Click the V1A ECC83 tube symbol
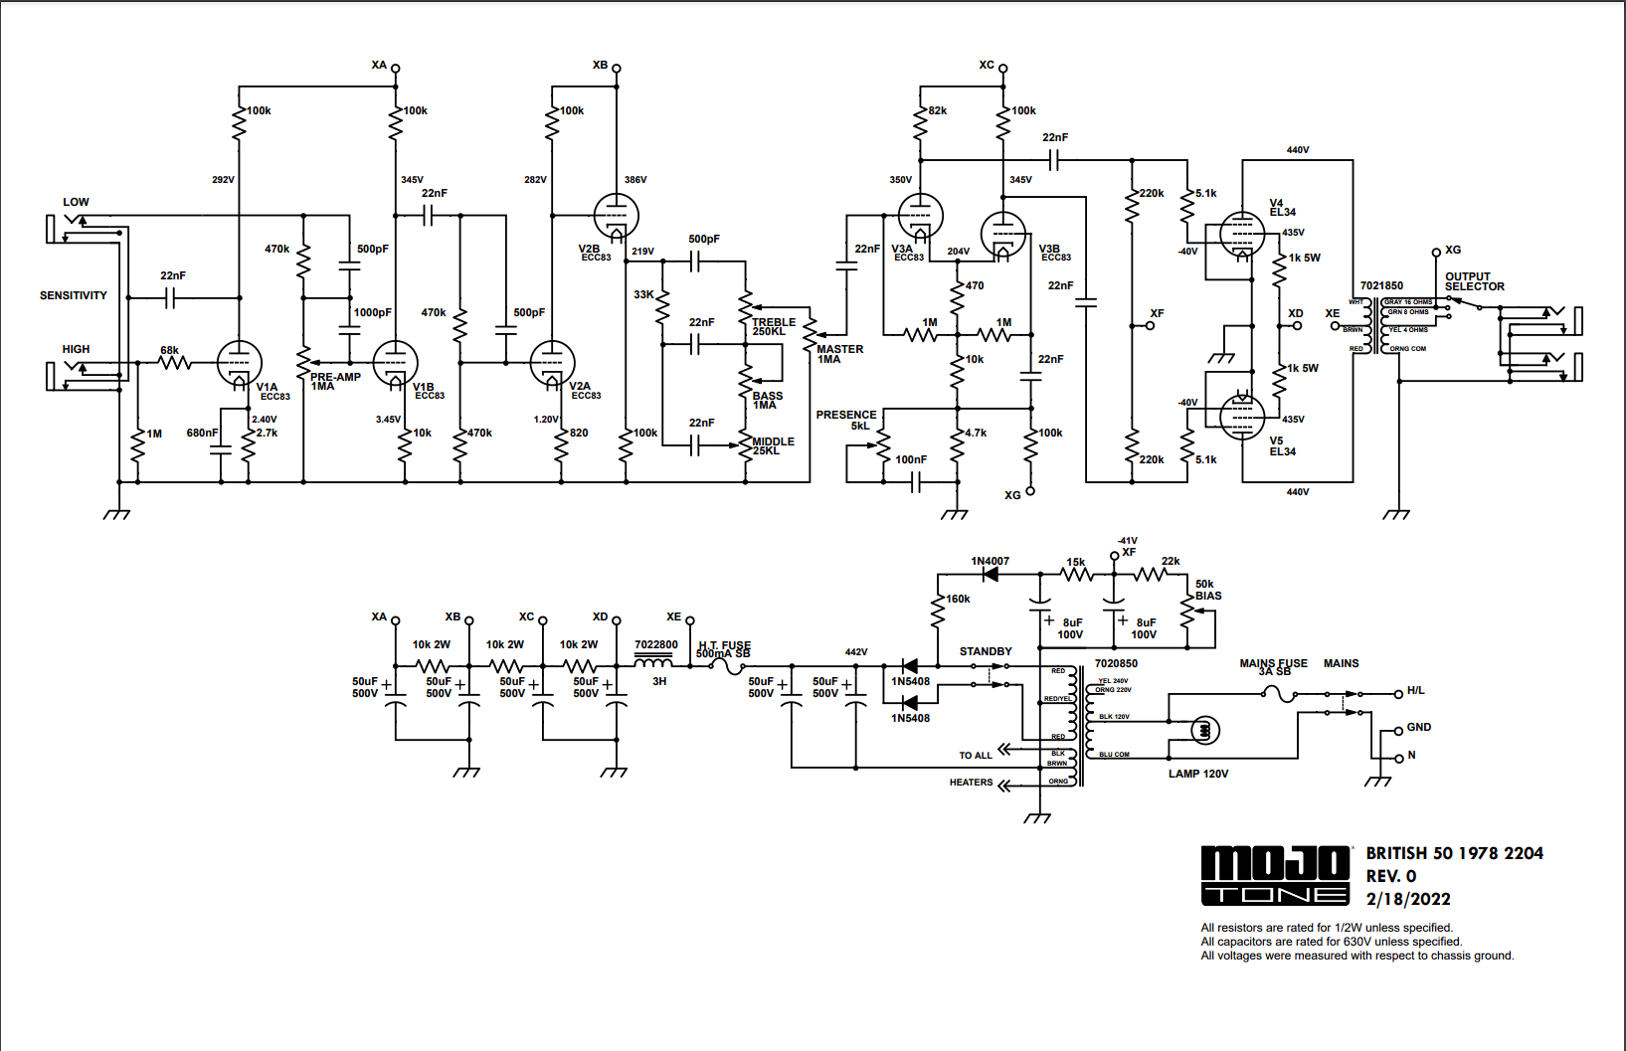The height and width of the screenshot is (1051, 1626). [239, 363]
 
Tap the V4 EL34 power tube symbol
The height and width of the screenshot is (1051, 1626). [1242, 235]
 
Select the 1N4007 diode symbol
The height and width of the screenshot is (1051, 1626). [990, 574]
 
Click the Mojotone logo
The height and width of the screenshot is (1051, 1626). [1275, 875]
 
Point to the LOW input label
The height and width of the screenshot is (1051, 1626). [76, 202]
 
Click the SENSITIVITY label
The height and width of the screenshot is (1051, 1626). [73, 295]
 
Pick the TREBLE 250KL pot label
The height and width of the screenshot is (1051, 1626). [773, 326]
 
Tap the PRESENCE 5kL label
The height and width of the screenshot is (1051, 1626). [846, 420]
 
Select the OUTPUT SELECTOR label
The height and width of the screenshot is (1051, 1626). [1474, 281]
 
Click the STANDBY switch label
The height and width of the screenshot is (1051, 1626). [986, 651]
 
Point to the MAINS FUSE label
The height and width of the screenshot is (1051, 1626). [1273, 665]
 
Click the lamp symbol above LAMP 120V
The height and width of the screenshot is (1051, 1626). [1205, 731]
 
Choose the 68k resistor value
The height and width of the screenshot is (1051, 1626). [169, 350]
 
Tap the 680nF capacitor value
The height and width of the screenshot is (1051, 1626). [202, 433]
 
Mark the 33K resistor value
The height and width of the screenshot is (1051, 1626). [643, 294]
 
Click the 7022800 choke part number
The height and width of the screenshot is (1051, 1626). [655, 644]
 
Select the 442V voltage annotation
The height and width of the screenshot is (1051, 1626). [855, 652]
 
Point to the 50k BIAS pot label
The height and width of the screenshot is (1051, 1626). [1207, 590]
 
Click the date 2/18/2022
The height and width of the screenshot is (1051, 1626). [1407, 899]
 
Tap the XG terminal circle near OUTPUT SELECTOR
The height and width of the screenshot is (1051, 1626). [1436, 253]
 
